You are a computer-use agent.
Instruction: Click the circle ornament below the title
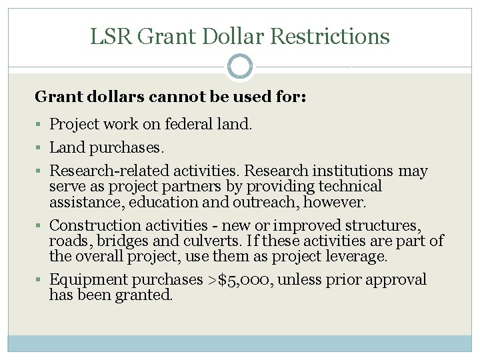click(x=240, y=67)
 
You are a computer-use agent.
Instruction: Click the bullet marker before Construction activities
click(x=41, y=225)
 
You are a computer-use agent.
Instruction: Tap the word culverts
click(x=201, y=241)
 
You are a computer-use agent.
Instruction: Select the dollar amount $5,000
click(x=241, y=279)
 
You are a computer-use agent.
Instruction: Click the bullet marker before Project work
click(x=41, y=125)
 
